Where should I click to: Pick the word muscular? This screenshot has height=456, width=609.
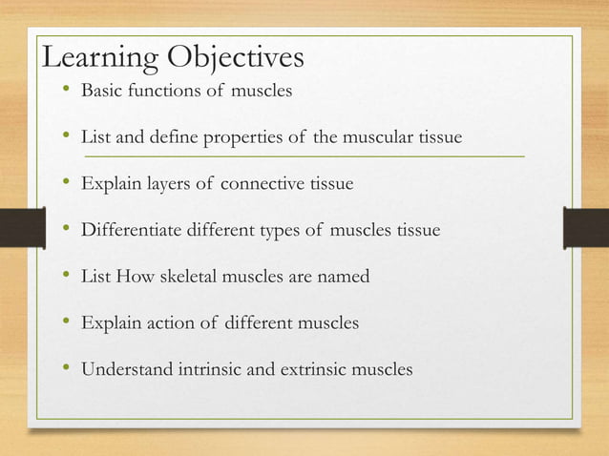376,138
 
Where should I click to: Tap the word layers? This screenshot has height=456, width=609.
167,184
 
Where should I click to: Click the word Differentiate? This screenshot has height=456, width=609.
134,230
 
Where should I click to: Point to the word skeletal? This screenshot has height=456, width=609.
205,277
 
